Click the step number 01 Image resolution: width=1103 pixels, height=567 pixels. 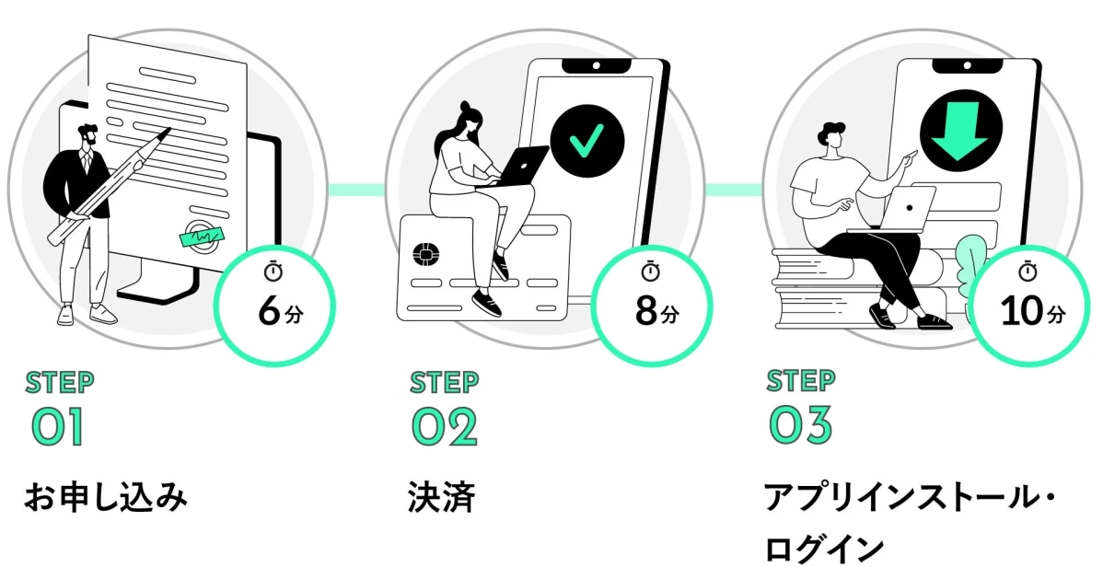[57, 426]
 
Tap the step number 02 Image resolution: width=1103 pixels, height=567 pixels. [444, 426]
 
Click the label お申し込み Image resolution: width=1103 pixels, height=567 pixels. [105, 498]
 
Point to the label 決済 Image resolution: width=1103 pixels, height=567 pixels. [441, 498]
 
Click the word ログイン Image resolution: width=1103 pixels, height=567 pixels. [823, 548]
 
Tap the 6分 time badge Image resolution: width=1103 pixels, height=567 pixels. [273, 300]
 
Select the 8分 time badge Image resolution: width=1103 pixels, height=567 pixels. [651, 300]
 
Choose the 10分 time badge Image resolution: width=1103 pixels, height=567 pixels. [1029, 300]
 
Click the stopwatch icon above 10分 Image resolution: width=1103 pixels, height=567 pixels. [1028, 272]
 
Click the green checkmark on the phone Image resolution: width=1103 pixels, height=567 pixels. [586, 143]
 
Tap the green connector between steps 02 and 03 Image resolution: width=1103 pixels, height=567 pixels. [734, 190]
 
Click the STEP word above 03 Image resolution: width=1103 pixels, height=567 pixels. [801, 380]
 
